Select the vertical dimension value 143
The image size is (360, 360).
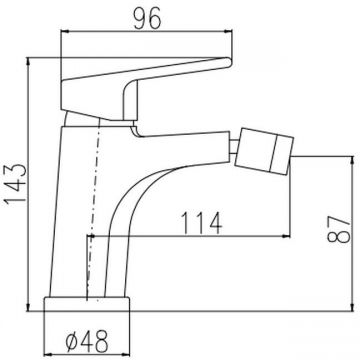tap(16, 184)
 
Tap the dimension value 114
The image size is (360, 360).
tap(201, 223)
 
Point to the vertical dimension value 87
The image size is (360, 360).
tap(339, 228)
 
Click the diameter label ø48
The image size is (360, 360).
tap(87, 341)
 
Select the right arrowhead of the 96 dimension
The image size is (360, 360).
tap(228, 32)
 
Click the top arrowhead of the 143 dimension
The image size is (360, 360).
tap(28, 62)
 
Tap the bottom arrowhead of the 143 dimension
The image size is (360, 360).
tap(28, 306)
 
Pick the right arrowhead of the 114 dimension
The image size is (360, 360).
tap(286, 236)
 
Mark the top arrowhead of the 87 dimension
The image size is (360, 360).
tap(352, 160)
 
